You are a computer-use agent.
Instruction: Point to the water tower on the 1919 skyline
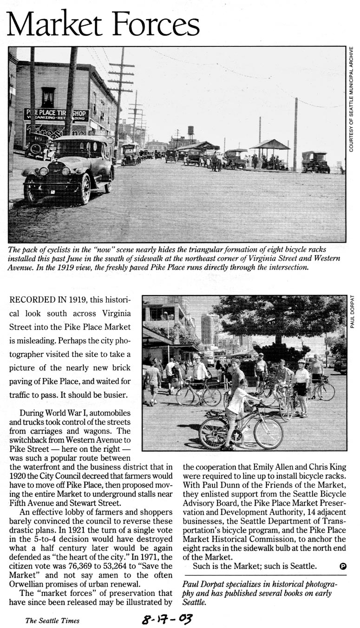pyautogui.click(x=190, y=131)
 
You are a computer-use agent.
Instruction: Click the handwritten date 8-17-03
pyautogui.click(x=167, y=619)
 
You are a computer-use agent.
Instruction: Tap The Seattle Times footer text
pyautogui.click(x=52, y=620)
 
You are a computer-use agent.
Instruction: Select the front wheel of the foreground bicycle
pyautogui.click(x=268, y=433)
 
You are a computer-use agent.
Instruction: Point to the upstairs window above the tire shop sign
pyautogui.click(x=48, y=97)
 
